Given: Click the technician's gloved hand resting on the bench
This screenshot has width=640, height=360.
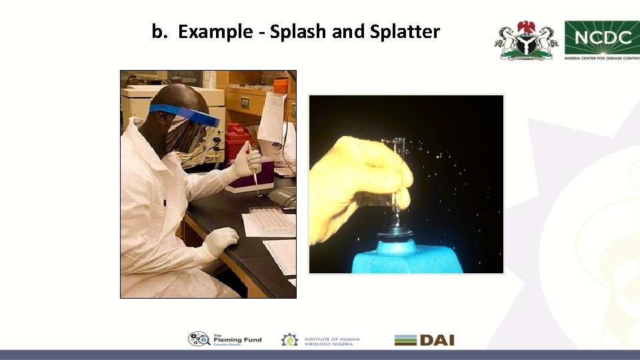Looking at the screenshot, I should click(219, 241).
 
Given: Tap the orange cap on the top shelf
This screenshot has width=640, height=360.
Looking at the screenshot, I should click(281, 85).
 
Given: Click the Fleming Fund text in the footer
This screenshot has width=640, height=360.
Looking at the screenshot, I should click(237, 339).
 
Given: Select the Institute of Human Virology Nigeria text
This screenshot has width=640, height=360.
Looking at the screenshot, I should click(331, 340).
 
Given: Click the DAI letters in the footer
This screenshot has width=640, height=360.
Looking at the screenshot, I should click(437, 340).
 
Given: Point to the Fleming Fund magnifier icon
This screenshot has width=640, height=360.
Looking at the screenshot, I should click(199, 339).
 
